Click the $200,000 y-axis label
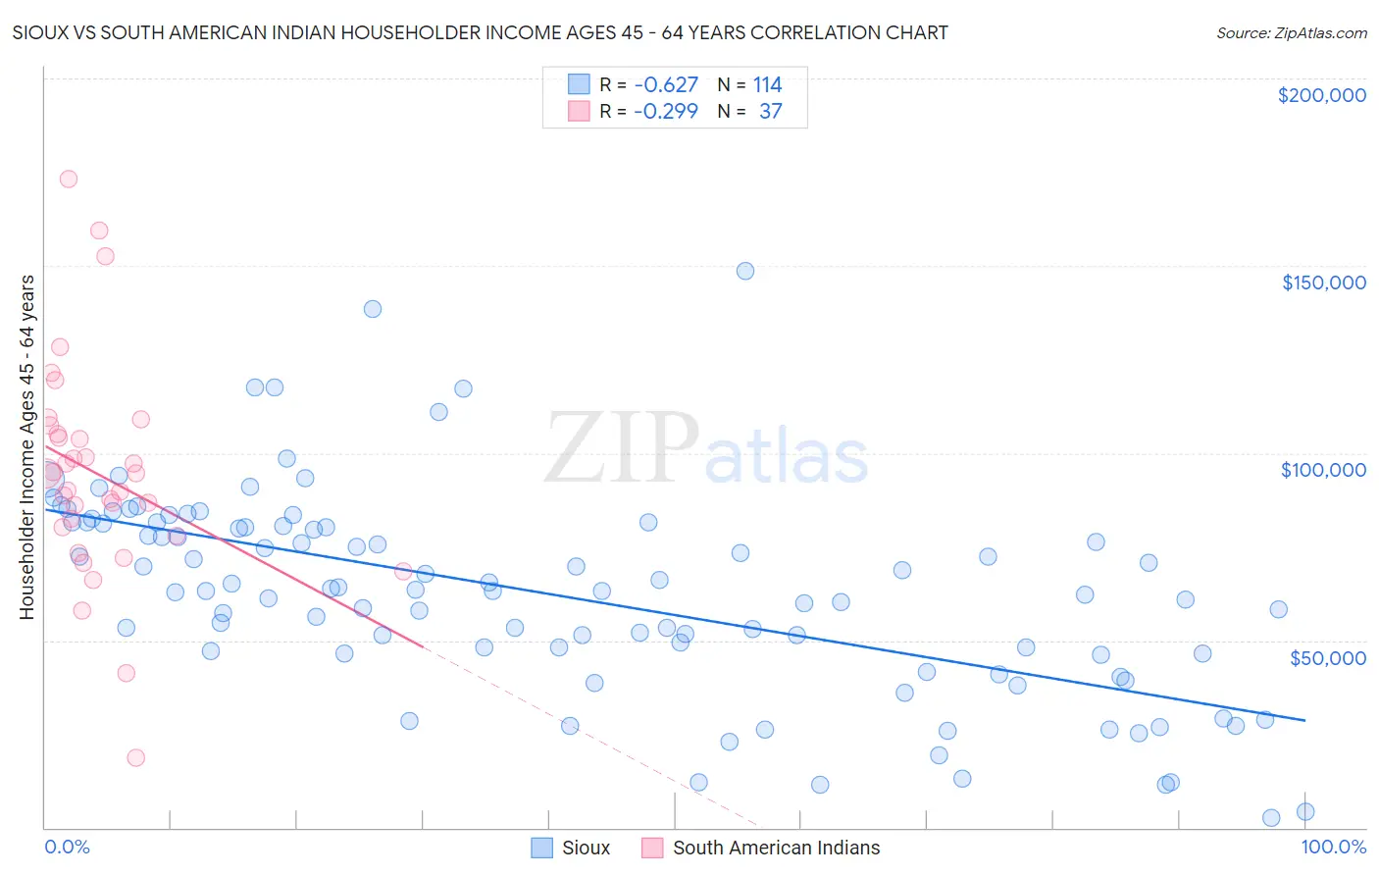click(x=1321, y=95)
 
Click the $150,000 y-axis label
click(x=1323, y=283)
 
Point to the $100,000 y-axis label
click(x=1323, y=470)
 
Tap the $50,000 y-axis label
click(x=1327, y=657)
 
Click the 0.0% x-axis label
click(x=67, y=847)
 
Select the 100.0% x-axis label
click(x=1333, y=847)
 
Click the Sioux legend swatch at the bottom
click(x=542, y=848)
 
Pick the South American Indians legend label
click(x=776, y=848)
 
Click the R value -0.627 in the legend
click(x=666, y=85)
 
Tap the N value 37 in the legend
click(x=770, y=111)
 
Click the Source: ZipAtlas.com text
click(x=1291, y=32)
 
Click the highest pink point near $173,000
click(x=69, y=179)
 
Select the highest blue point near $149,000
click(x=745, y=271)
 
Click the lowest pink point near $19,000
click(x=136, y=757)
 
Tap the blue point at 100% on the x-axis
click(x=1305, y=811)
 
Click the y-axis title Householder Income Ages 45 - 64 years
click(x=27, y=446)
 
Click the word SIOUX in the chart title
click(x=39, y=32)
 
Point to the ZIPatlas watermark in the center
click(x=706, y=449)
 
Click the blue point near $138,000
click(x=373, y=309)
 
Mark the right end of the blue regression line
click(x=1305, y=720)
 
